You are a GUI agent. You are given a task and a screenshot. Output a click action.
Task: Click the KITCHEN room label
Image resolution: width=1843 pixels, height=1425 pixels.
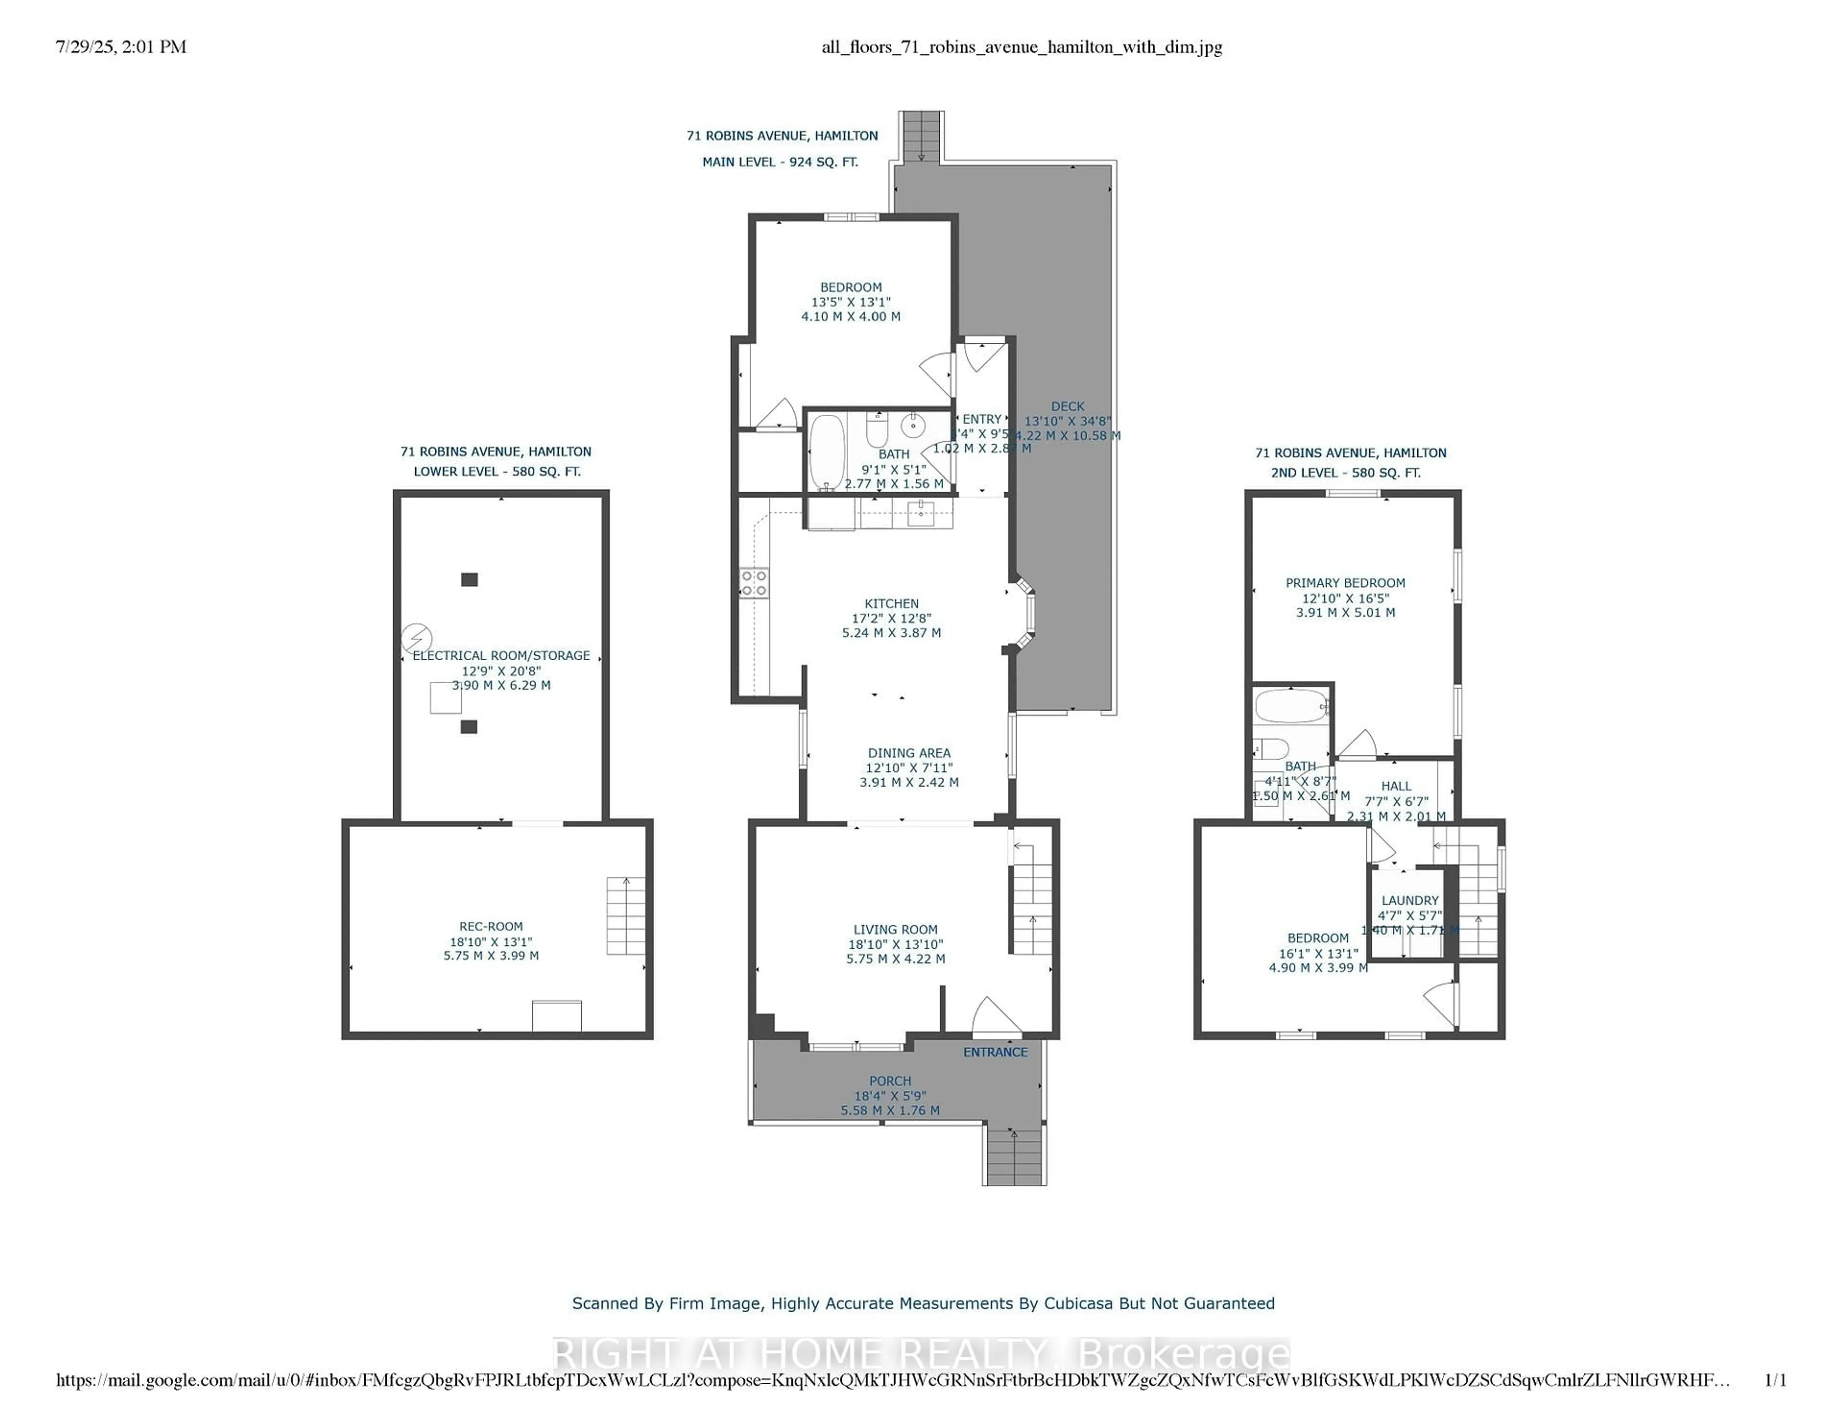[x=891, y=604]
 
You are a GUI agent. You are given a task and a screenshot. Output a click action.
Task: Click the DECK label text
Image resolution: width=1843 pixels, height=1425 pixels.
[x=1067, y=406]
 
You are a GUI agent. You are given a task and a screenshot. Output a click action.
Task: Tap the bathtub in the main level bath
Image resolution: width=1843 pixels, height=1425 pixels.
[x=826, y=452]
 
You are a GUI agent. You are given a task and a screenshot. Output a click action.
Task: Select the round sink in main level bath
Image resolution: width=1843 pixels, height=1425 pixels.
[x=913, y=424]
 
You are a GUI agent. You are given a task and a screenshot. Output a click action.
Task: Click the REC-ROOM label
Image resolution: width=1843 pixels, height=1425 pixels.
[x=491, y=926]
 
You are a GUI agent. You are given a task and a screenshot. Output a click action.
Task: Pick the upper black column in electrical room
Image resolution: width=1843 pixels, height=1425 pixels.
[x=469, y=579]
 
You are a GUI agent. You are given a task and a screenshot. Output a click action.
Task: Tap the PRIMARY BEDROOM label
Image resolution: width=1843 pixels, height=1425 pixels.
[x=1345, y=582]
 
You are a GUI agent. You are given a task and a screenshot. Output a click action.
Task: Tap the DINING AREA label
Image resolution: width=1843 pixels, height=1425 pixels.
[x=909, y=753]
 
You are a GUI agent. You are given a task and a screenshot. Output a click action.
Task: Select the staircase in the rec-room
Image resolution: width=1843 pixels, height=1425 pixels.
[x=625, y=916]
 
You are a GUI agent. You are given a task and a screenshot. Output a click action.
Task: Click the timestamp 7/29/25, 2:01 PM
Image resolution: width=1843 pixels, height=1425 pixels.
[x=120, y=47]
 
